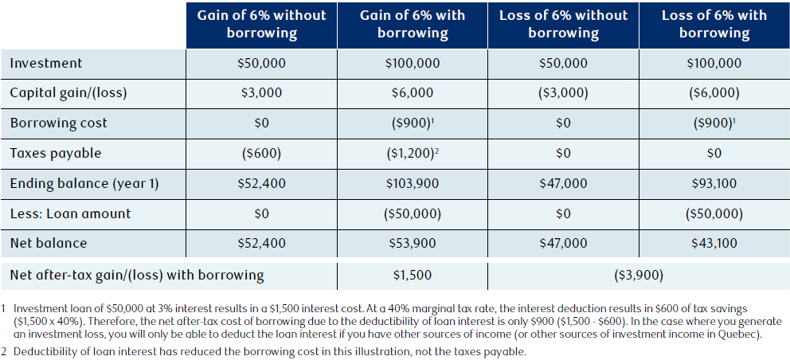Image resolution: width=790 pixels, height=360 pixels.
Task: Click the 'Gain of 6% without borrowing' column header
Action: click(261, 24)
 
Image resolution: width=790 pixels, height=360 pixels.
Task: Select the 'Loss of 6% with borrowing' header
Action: click(714, 24)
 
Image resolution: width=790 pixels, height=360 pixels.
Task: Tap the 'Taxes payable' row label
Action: click(56, 154)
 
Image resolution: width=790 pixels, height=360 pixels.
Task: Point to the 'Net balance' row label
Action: click(49, 243)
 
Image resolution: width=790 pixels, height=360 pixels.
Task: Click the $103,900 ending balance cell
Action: click(413, 183)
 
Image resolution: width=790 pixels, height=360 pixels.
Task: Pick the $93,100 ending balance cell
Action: click(714, 183)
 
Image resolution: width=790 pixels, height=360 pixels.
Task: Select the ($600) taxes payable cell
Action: click(261, 153)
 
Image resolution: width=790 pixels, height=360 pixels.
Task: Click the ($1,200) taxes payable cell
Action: click(413, 153)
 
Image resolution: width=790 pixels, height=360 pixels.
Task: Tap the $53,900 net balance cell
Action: click(413, 243)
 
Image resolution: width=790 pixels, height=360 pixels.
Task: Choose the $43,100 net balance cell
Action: click(714, 243)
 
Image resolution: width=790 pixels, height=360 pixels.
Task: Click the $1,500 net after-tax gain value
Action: click(413, 276)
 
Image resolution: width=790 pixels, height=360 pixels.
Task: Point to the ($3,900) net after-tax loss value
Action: click(639, 276)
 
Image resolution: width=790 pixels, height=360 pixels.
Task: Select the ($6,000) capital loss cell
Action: click(714, 93)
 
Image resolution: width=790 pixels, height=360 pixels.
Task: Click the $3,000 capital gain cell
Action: click(261, 93)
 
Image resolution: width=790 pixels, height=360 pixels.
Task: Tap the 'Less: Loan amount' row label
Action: click(70, 213)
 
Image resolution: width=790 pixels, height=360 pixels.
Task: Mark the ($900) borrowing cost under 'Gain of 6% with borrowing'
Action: click(413, 123)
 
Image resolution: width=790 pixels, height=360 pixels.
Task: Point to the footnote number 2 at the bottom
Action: click(3, 352)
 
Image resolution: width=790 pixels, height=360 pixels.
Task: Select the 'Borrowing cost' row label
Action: click(58, 123)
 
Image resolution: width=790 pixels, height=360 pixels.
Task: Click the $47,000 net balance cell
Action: click(563, 243)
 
